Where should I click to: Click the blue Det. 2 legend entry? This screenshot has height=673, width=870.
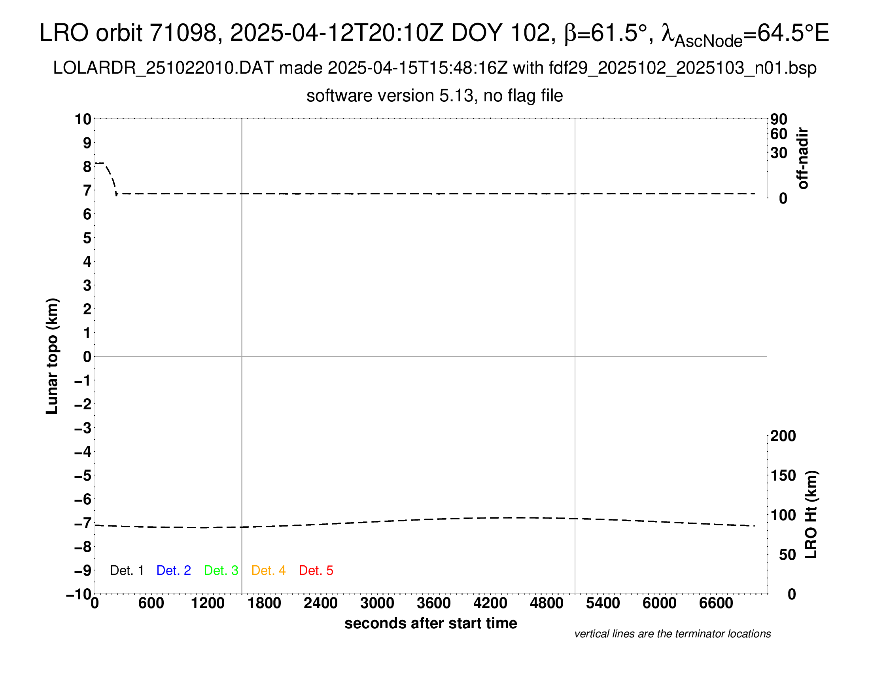click(174, 570)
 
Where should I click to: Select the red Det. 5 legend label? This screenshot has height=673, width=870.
click(316, 570)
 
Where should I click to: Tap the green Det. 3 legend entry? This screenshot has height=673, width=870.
click(221, 570)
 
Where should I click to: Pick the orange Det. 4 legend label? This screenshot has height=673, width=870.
click(269, 570)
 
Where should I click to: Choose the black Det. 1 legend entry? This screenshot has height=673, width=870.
click(127, 570)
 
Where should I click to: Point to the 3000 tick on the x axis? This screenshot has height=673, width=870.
click(377, 603)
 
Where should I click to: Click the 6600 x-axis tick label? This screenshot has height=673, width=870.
click(716, 603)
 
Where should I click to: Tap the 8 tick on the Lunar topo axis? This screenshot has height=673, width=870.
click(87, 167)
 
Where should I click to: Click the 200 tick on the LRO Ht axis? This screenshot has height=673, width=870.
click(783, 436)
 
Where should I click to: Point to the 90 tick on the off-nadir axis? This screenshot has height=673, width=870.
click(779, 119)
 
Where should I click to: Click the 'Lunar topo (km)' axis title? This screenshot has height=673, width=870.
click(52, 356)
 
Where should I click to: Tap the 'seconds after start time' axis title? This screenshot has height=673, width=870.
click(431, 623)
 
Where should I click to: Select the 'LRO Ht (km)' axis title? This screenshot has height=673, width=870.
click(811, 515)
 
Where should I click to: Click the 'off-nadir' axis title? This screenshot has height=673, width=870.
click(803, 158)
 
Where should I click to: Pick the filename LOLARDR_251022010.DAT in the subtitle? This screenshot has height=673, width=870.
click(163, 68)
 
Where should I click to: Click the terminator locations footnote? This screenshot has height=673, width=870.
click(672, 634)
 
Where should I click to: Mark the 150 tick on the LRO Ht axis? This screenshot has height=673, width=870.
click(783, 475)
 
